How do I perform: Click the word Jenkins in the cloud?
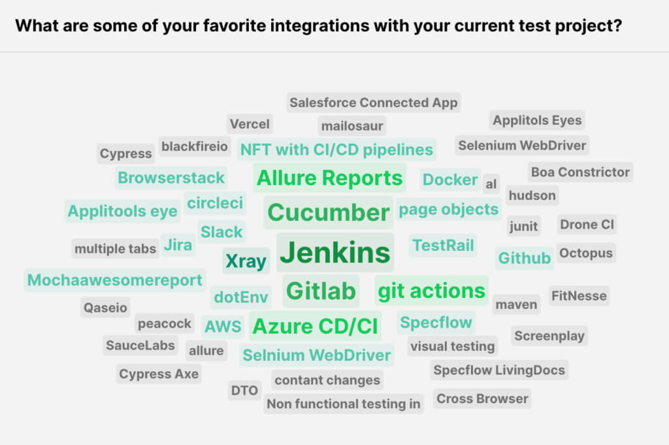(334, 252)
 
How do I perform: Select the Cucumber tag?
(328, 212)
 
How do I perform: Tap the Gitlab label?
(321, 291)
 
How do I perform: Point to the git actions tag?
(432, 290)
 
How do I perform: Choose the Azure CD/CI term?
(315, 325)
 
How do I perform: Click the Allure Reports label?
(329, 178)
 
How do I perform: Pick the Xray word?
(246, 261)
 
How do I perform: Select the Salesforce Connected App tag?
(374, 103)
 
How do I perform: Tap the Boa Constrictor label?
(580, 172)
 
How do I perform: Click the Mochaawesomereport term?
(114, 280)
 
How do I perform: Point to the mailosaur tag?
(352, 125)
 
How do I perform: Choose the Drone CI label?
(587, 225)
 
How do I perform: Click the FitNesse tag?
(579, 295)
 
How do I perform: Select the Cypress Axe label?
(159, 374)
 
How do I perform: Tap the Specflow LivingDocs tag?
(499, 370)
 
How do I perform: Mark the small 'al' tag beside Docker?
(491, 184)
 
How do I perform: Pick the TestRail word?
(443, 246)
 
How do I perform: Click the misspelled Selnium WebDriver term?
(316, 355)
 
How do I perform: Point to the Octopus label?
(585, 253)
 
